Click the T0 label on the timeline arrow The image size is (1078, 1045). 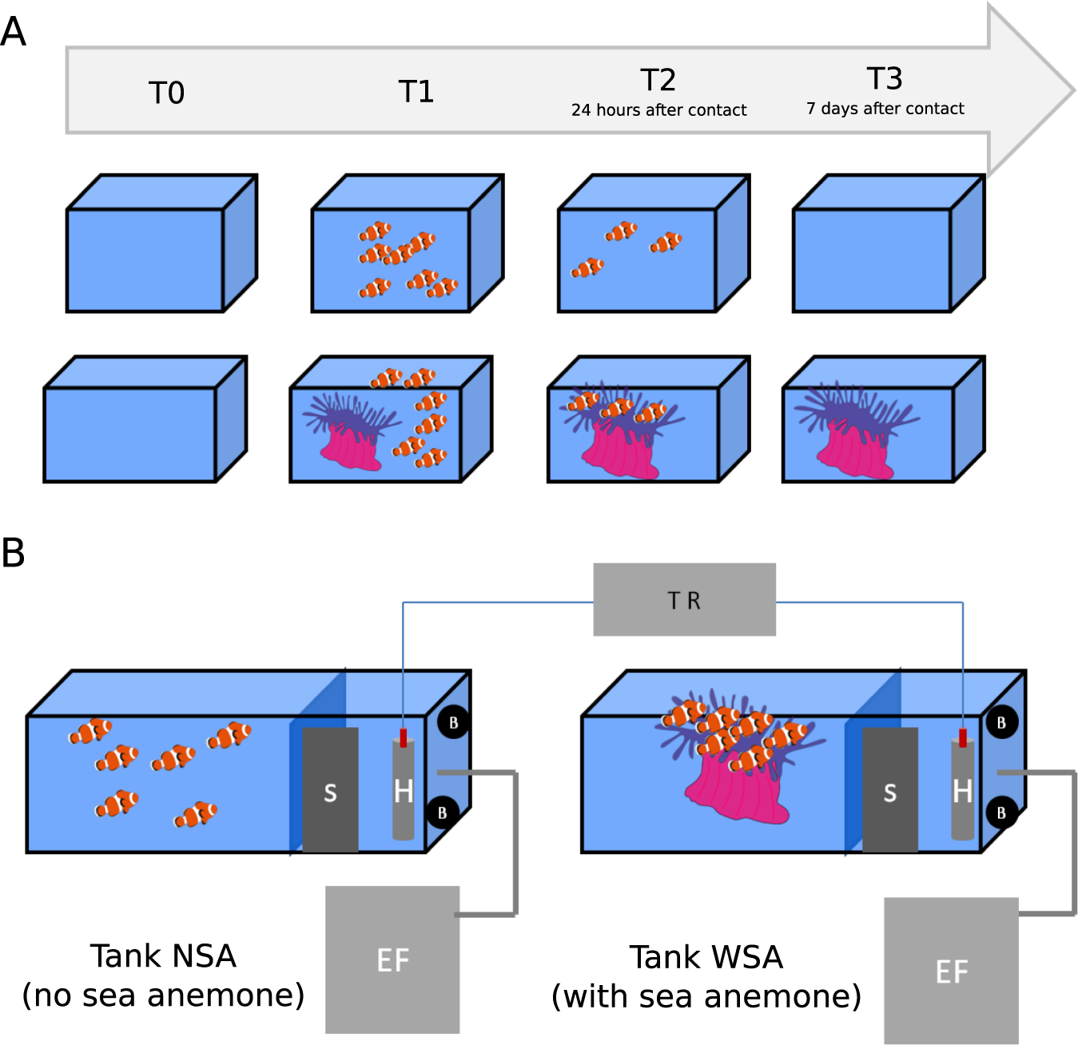tap(166, 93)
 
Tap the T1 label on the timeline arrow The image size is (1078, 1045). tap(416, 92)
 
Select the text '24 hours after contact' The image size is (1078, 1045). tap(658, 110)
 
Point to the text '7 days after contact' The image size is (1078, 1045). tap(885, 109)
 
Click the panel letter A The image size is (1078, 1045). tap(14, 33)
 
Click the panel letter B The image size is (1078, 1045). tap(14, 553)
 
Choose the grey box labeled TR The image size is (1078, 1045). tap(684, 600)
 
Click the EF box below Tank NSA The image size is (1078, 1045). tap(392, 960)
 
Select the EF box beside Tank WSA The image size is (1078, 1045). tap(951, 971)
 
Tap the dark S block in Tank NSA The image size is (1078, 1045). tap(330, 791)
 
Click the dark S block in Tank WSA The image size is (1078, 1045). tap(889, 791)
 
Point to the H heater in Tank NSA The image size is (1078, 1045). tap(404, 791)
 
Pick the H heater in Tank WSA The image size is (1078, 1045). tap(962, 791)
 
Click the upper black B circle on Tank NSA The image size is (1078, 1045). tap(453, 722)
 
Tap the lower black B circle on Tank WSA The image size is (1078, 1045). tap(1000, 813)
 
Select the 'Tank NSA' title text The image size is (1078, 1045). tap(163, 956)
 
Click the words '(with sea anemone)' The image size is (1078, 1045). tap(706, 996)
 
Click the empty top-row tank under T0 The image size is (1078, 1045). tap(145, 260)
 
